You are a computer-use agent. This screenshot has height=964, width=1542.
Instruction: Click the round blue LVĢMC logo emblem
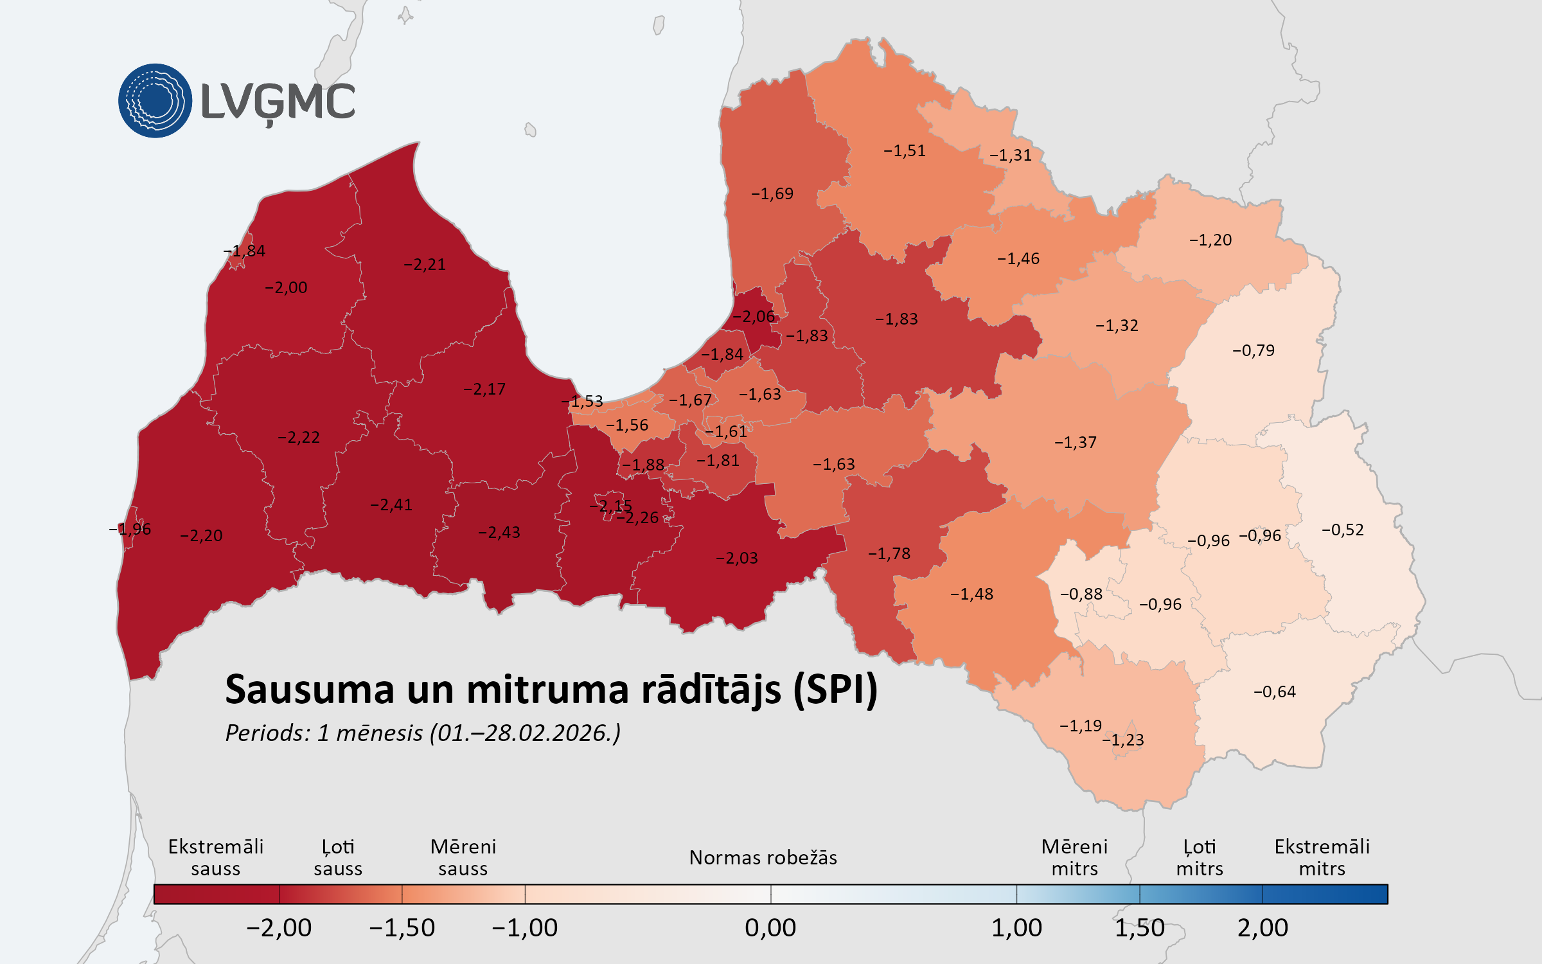click(x=155, y=101)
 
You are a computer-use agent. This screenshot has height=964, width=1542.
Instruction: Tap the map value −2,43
click(x=499, y=533)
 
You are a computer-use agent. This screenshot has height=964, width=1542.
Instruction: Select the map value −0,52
click(x=1342, y=530)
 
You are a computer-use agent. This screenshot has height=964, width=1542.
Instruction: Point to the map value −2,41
click(x=391, y=505)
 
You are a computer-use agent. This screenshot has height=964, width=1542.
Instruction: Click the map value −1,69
click(x=772, y=194)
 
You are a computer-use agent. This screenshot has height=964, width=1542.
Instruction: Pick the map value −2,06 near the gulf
click(x=754, y=317)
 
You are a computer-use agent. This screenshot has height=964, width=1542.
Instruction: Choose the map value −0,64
click(x=1275, y=692)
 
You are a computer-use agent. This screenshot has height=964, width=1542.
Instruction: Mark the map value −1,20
click(x=1210, y=240)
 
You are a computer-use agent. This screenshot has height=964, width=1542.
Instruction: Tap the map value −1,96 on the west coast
click(x=130, y=530)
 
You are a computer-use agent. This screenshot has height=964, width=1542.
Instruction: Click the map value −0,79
click(x=1254, y=351)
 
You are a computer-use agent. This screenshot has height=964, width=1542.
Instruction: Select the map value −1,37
click(x=1076, y=443)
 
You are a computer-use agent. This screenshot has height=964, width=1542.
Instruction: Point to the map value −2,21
click(x=425, y=265)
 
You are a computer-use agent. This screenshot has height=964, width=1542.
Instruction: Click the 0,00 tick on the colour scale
click(x=770, y=928)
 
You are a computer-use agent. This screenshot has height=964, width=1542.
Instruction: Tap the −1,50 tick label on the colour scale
click(x=402, y=928)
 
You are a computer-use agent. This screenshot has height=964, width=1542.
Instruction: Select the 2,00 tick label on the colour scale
click(x=1263, y=928)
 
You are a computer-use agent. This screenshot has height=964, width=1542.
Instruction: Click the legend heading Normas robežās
click(x=763, y=858)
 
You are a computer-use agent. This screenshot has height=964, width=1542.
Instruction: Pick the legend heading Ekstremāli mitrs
click(x=1322, y=858)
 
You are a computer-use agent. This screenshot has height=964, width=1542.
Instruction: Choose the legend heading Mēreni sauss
click(x=463, y=858)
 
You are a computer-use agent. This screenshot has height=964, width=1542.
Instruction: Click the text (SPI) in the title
click(x=836, y=690)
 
